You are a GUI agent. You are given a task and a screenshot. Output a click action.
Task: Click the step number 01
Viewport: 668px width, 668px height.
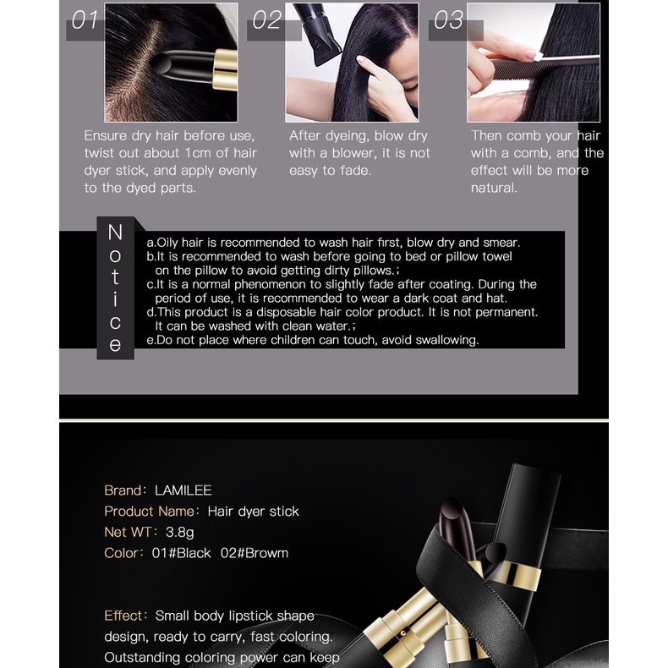coord(85,19)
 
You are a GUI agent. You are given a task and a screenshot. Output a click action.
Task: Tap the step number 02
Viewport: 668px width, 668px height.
coord(266,19)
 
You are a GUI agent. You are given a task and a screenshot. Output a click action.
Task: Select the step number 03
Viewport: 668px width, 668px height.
coord(448,19)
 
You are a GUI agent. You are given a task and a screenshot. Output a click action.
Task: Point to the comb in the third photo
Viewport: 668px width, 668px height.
coord(545,67)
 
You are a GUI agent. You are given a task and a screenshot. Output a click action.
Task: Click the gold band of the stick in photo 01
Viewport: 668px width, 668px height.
coord(226,69)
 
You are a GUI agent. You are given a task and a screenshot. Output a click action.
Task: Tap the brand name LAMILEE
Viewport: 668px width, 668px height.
coord(183,490)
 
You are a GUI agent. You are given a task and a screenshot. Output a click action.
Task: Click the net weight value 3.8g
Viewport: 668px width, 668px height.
coord(179,533)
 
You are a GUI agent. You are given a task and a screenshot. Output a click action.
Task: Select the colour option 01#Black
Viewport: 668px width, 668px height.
coord(181,553)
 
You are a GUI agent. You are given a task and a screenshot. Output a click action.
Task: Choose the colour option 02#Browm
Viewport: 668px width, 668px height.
coord(255,553)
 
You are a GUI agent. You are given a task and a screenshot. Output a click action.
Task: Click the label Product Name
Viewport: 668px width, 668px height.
coord(149,512)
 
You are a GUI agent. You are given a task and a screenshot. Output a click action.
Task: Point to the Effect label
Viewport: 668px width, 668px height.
coord(123,616)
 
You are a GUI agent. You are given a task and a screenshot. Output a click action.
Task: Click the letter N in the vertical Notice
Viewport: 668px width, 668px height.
coord(115,233)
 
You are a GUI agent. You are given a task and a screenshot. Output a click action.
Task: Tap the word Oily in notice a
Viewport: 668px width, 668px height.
coord(167,243)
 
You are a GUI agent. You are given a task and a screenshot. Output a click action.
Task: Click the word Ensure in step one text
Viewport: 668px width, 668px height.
coord(106,136)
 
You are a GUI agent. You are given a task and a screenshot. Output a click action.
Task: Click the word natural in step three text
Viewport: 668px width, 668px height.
coord(493,188)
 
